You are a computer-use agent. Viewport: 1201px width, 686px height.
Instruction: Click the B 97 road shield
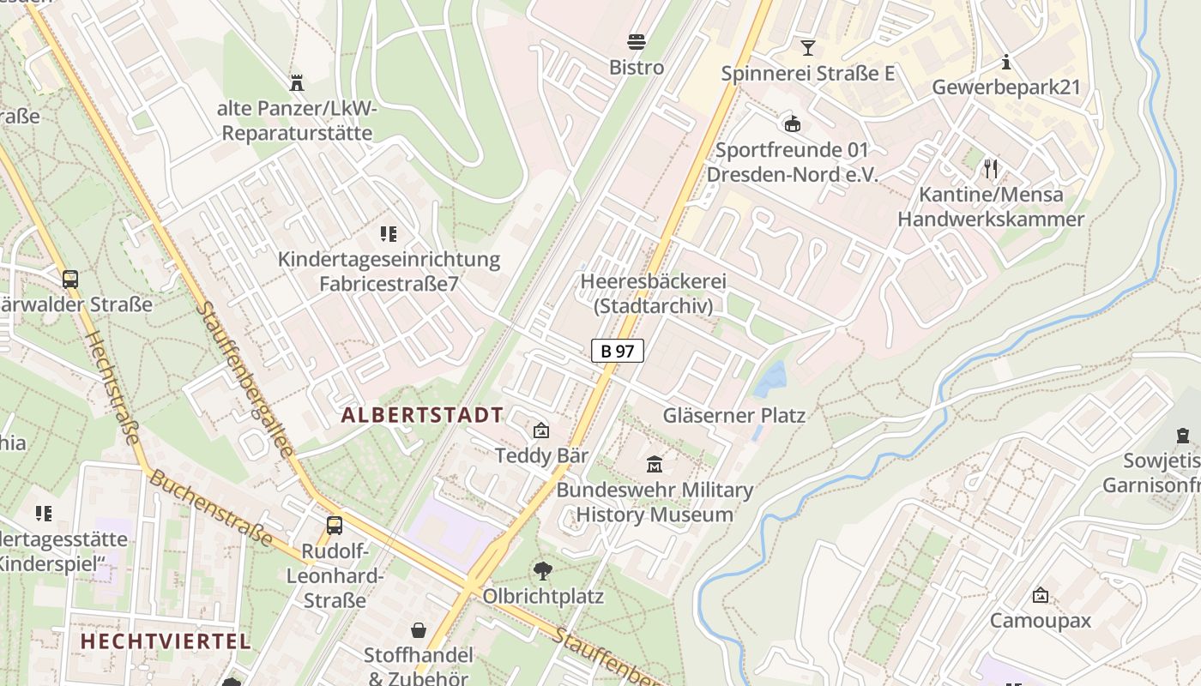(x=617, y=350)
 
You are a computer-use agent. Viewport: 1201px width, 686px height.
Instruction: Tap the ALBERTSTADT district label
(x=422, y=415)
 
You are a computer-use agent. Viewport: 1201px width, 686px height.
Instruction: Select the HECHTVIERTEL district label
(x=166, y=641)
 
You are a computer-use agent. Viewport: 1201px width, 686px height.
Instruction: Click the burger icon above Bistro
(x=637, y=41)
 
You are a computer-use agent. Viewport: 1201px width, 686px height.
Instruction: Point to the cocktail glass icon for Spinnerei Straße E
(x=807, y=47)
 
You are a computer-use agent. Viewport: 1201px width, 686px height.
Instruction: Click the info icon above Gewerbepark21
(x=1006, y=62)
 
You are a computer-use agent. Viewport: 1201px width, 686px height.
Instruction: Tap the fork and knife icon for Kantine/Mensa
(x=991, y=168)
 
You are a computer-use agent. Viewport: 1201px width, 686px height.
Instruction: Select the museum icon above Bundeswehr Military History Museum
(x=655, y=464)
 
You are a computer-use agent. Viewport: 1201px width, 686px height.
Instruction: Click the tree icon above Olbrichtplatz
(x=542, y=570)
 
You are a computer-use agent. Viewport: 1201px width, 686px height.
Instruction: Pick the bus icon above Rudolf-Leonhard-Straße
(x=335, y=526)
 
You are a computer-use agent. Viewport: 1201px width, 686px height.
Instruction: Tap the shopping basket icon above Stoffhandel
(x=419, y=630)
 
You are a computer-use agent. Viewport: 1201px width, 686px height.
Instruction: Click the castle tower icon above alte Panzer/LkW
(x=297, y=83)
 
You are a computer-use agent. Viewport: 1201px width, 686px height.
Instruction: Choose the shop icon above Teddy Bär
(x=541, y=430)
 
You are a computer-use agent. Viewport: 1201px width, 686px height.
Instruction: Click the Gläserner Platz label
(x=734, y=416)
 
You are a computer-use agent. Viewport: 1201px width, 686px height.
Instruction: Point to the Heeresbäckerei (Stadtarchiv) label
(x=654, y=293)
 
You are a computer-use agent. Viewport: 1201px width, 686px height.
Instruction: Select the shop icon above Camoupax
(x=1041, y=594)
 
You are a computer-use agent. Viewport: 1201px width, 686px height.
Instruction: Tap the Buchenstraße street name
(x=210, y=507)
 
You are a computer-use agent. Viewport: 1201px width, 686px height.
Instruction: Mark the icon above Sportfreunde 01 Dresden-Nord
(x=792, y=123)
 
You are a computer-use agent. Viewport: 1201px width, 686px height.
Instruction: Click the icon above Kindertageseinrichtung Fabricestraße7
(x=389, y=233)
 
